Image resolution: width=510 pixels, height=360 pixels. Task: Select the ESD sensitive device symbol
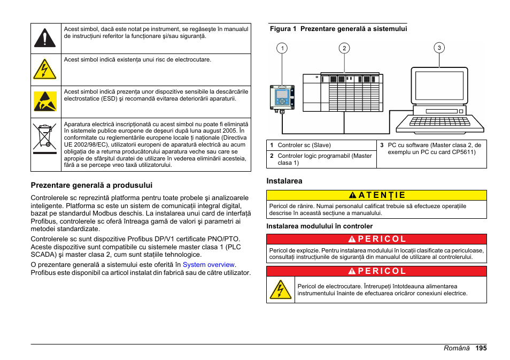44,102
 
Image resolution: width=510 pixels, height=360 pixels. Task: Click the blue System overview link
208,265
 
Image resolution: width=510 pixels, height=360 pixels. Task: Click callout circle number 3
439,48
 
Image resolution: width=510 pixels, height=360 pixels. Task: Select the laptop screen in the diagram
439,87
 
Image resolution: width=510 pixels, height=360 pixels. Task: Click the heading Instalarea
284,181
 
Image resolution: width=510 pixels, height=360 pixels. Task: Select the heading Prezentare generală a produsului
91,185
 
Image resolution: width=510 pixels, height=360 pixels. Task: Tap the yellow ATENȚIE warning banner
376,195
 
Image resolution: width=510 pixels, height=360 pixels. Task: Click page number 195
481,348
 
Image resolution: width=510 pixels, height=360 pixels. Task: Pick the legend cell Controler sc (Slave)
304,145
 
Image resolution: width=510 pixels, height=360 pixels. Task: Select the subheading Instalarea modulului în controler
320,226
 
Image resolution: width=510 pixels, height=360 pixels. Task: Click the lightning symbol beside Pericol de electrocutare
280,289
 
